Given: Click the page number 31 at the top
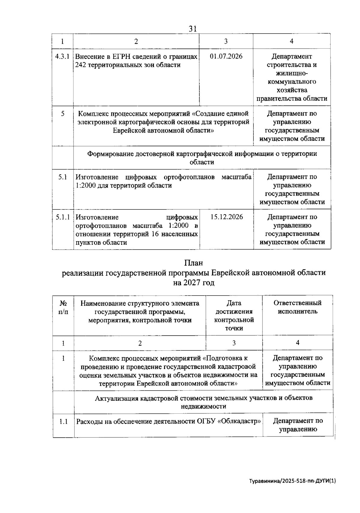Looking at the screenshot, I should pyautogui.click(x=192, y=28).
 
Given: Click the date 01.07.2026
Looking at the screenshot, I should pyautogui.click(x=226, y=56).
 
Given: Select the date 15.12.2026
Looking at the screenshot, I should pyautogui.click(x=226, y=217).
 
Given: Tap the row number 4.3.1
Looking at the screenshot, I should pyautogui.click(x=62, y=56).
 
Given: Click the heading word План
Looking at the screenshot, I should pyautogui.click(x=193, y=263).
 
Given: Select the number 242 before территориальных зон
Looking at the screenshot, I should pyautogui.click(x=81, y=65).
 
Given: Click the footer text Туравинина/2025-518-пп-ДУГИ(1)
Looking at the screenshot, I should pyautogui.click(x=293, y=481).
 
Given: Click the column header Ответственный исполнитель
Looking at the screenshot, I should pyautogui.click(x=297, y=307).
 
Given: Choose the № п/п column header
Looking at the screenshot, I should pyautogui.click(x=63, y=307).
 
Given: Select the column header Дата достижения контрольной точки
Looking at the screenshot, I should pyautogui.click(x=234, y=315).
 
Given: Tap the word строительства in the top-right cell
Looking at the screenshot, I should pyautogui.click(x=292, y=65).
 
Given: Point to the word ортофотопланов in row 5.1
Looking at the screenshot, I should pyautogui.click(x=189, y=177).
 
